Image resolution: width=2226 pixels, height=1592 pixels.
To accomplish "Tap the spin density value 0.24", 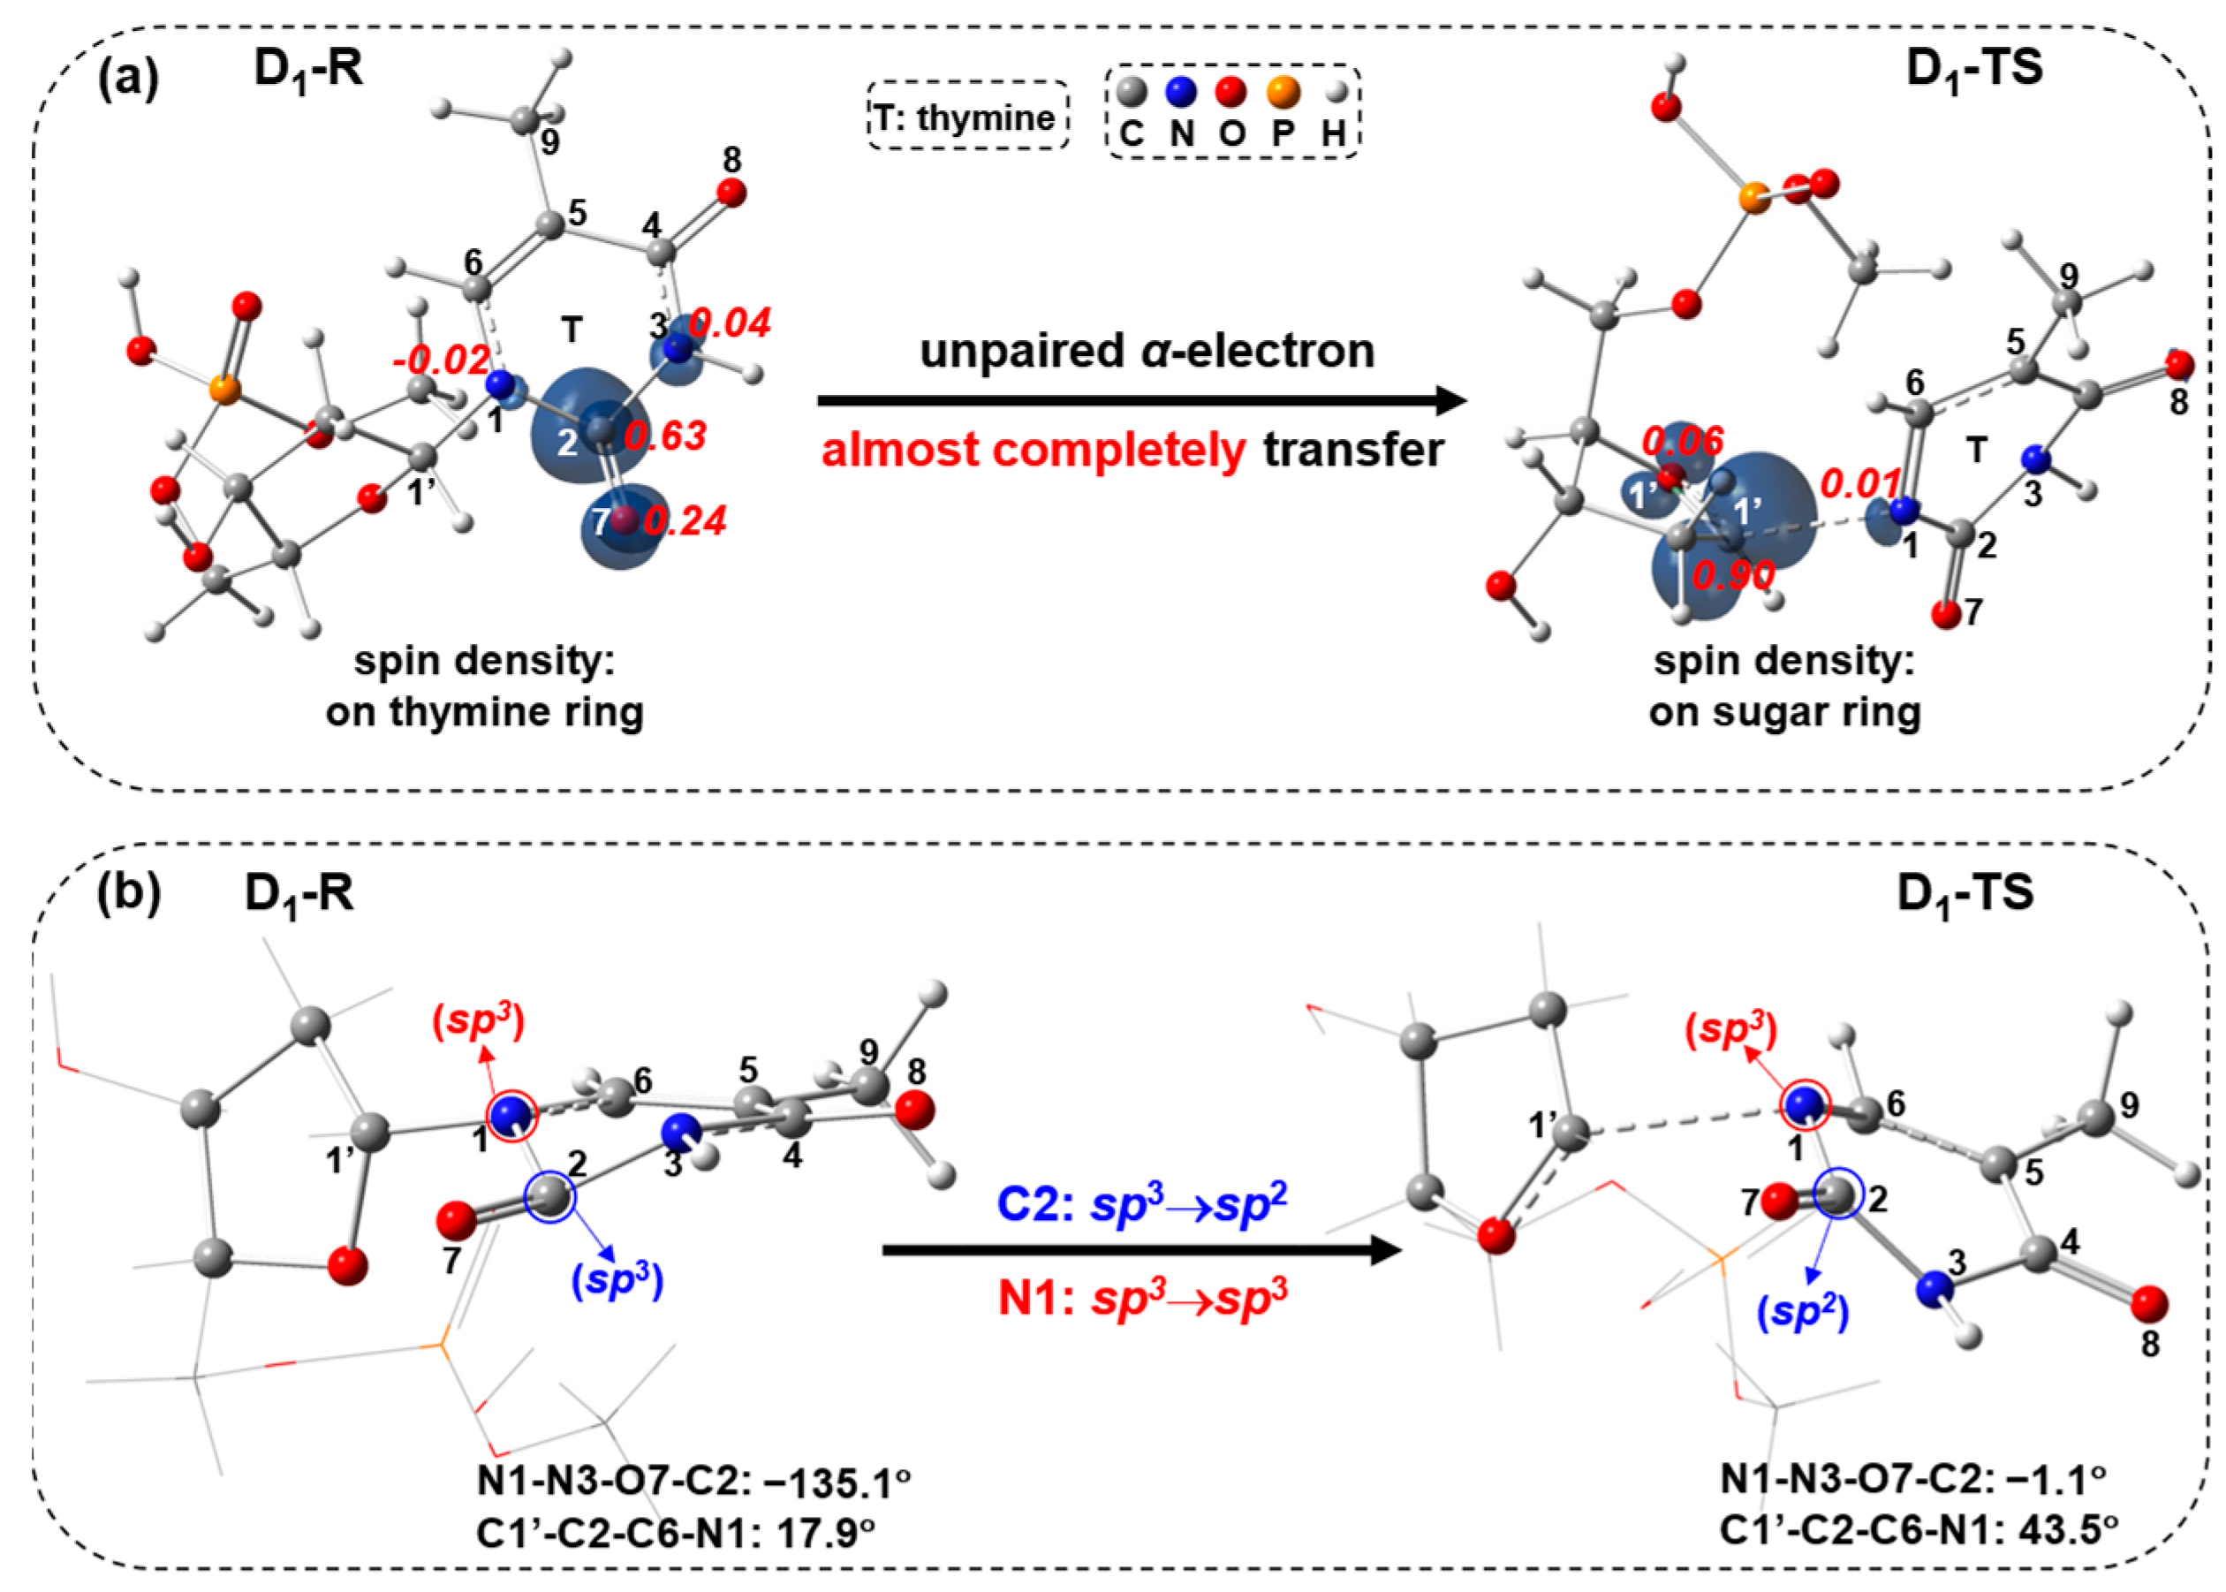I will [x=685, y=521].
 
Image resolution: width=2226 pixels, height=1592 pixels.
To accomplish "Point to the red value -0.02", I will [x=440, y=360].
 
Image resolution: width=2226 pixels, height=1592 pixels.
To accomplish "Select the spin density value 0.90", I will [x=1733, y=575].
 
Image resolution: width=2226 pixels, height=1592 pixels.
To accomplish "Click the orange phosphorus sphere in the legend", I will [x=1283, y=92].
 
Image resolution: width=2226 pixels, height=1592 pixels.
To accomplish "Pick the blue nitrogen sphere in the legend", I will [x=1182, y=92].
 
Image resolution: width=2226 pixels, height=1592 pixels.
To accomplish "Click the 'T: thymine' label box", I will [x=966, y=117].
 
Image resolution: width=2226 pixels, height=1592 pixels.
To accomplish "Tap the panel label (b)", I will [x=127, y=894].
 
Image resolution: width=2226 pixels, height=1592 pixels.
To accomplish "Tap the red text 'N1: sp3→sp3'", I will [x=1142, y=1298].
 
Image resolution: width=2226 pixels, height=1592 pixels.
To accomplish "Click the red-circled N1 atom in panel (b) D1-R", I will [x=511, y=1116].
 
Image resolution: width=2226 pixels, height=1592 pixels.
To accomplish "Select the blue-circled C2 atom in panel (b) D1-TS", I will [x=1835, y=1195].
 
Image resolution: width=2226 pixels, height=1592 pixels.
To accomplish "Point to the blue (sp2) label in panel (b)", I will [x=1804, y=1313].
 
